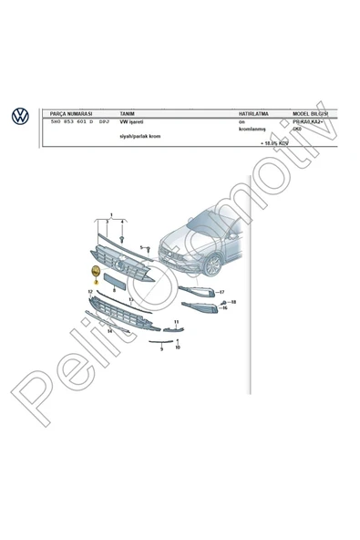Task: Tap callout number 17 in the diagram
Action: point(221,291)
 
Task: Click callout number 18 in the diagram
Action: point(233,301)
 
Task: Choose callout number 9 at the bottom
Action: point(160,348)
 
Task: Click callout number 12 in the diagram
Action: point(90,291)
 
